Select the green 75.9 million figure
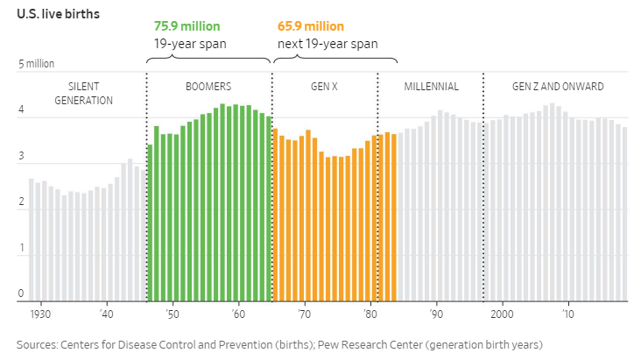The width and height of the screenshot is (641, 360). [187, 26]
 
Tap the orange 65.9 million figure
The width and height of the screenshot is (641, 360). [311, 26]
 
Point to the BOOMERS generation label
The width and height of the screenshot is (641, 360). [208, 87]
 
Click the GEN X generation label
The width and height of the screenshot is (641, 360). [325, 87]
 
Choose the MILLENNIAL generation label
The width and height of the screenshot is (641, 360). [431, 87]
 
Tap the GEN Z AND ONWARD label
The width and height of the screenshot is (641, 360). [557, 87]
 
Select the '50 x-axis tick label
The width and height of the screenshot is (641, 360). [172, 314]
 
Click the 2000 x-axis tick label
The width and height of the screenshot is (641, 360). [502, 314]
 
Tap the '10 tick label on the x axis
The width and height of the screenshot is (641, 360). [568, 314]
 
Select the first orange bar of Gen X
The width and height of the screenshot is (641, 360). [275, 214]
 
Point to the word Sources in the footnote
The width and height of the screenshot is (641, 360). [39, 343]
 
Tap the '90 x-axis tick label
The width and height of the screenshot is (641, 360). [436, 314]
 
